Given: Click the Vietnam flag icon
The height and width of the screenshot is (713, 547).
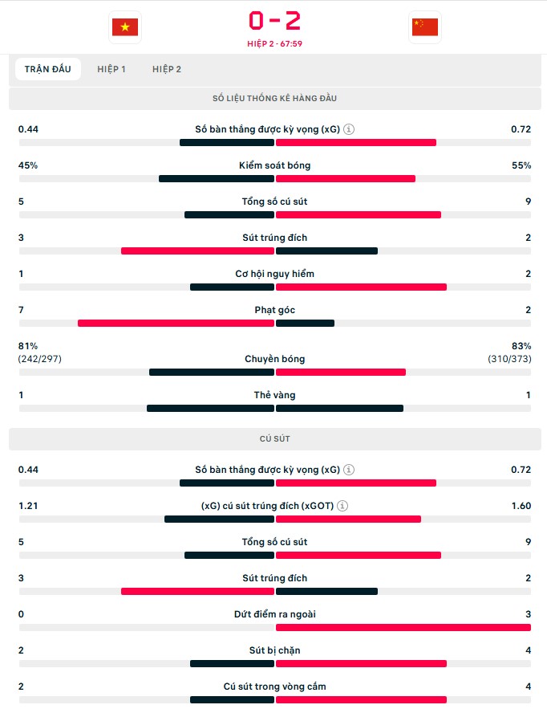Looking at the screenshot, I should pyautogui.click(x=124, y=27).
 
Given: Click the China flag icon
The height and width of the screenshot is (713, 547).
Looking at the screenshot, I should pyautogui.click(x=424, y=27).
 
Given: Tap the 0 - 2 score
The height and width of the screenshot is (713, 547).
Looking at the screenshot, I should pyautogui.click(x=274, y=20).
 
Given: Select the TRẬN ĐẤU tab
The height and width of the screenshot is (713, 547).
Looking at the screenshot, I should pyautogui.click(x=48, y=69).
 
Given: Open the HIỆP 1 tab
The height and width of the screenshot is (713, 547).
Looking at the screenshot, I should pyautogui.click(x=111, y=69).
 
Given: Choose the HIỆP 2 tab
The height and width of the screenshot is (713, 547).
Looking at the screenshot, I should pyautogui.click(x=167, y=69).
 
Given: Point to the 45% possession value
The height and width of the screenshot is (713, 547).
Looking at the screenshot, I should pyautogui.click(x=28, y=165).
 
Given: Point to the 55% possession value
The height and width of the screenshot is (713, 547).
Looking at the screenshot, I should pyautogui.click(x=521, y=165).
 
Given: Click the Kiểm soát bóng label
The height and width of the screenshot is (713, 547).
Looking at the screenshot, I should pyautogui.click(x=274, y=165).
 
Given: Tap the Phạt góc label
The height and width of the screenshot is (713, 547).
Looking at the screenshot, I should pyautogui.click(x=274, y=310).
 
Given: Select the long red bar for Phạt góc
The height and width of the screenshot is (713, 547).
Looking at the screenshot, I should pyautogui.click(x=176, y=324).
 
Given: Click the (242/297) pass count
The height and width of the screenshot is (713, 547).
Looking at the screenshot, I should pyautogui.click(x=39, y=359).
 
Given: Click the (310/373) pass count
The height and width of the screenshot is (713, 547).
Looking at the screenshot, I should pyautogui.click(x=509, y=359).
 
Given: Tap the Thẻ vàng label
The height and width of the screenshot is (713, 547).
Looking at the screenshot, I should pyautogui.click(x=274, y=395).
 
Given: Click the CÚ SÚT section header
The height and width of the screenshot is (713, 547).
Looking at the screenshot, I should pyautogui.click(x=274, y=439).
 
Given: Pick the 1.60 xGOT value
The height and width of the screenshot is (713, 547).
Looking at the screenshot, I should pyautogui.click(x=521, y=506).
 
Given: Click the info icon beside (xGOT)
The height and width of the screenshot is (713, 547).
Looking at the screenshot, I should pyautogui.click(x=342, y=506).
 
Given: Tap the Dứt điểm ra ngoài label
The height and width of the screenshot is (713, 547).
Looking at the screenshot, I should pyautogui.click(x=274, y=614).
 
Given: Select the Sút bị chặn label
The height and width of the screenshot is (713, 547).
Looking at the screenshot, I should pyautogui.click(x=274, y=650).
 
